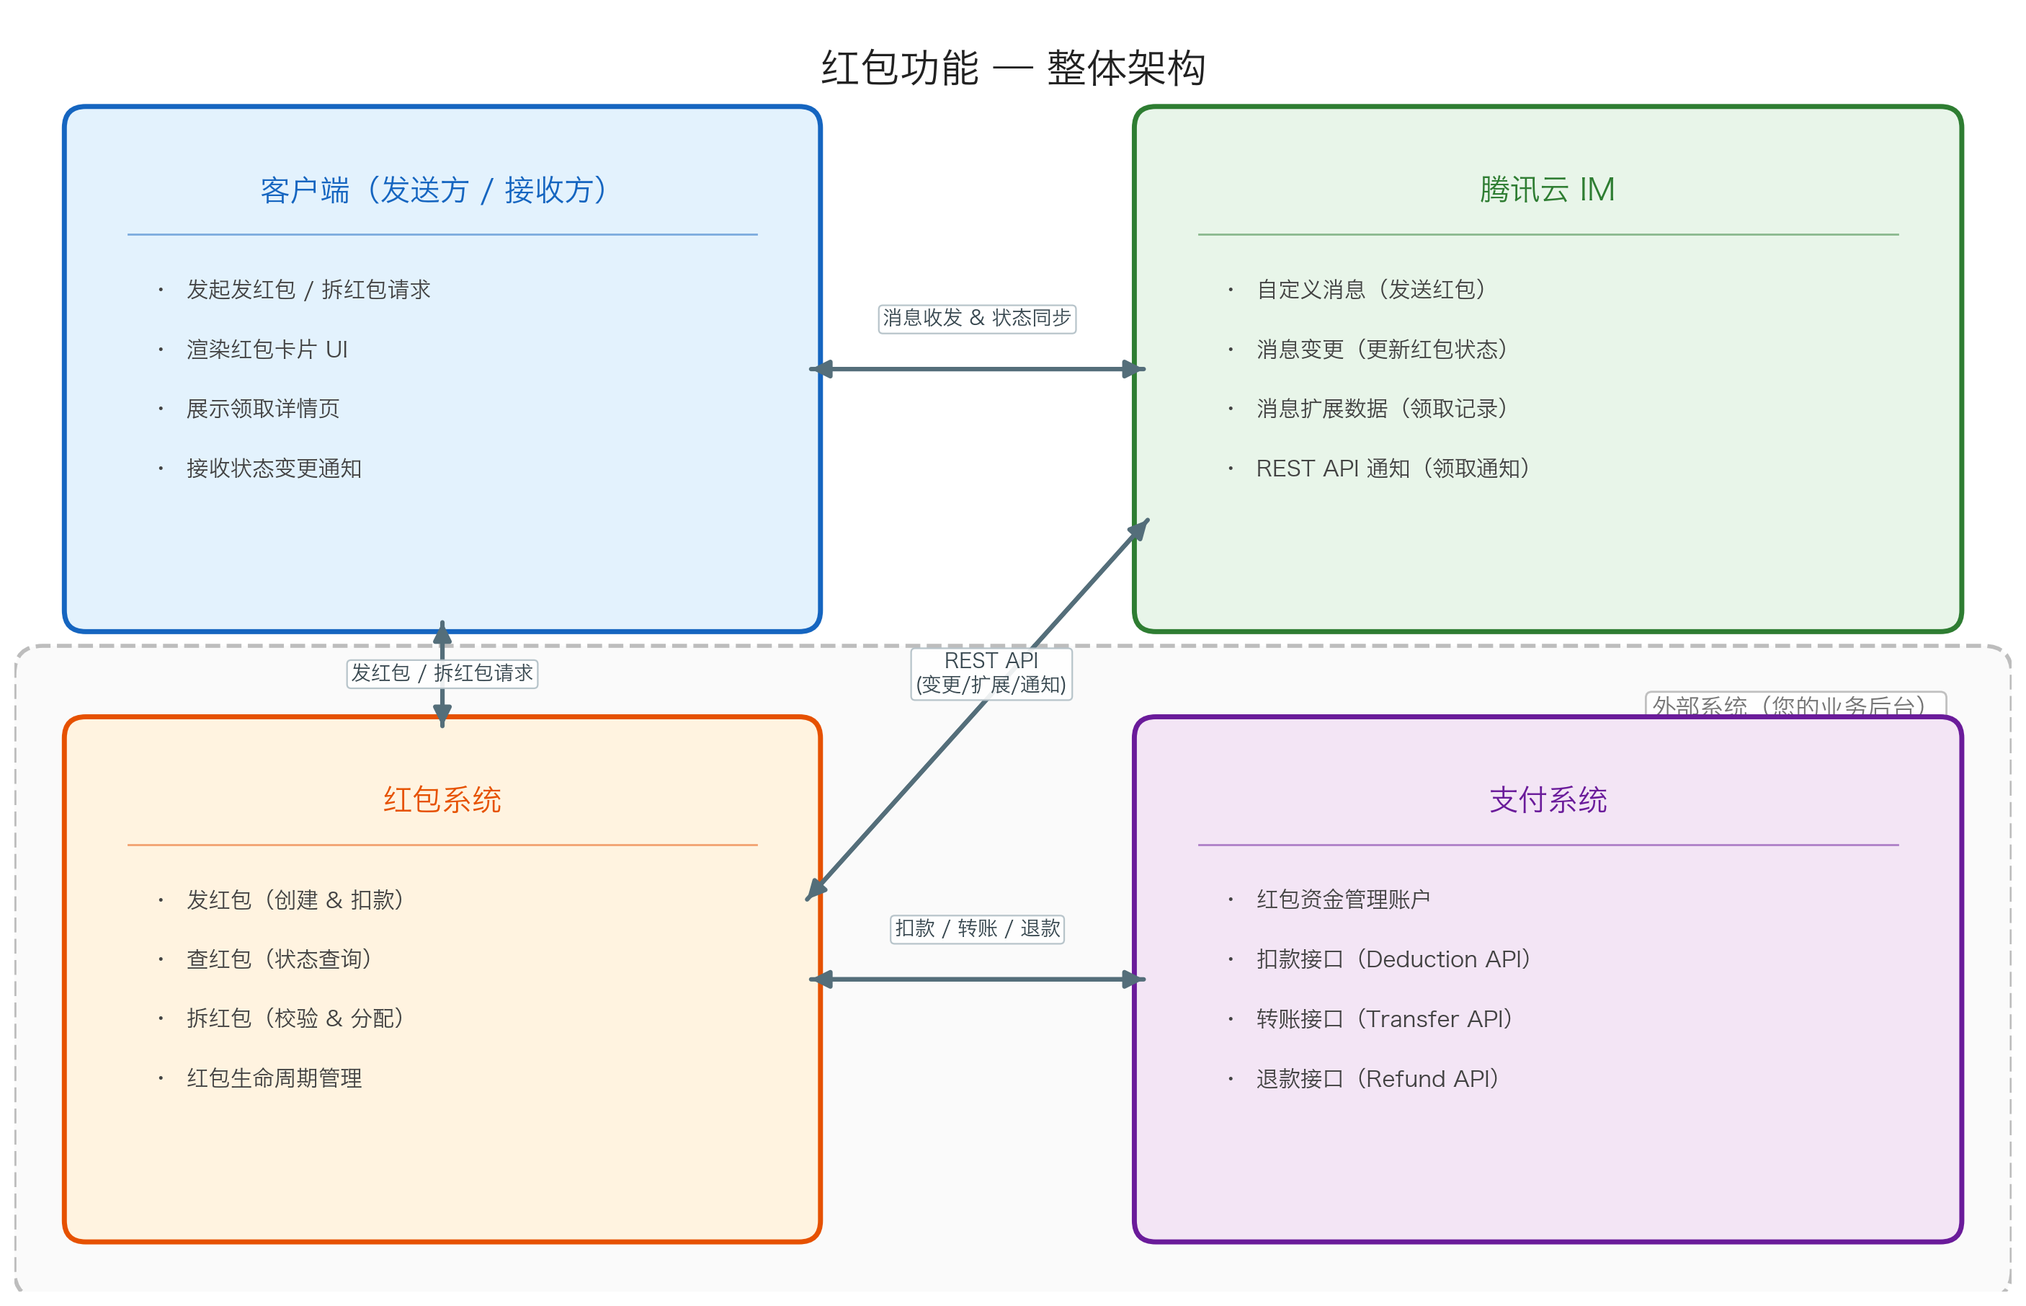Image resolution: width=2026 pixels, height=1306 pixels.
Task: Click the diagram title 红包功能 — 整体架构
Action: (1012, 68)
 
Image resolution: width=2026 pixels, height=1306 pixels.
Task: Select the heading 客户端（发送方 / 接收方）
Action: (434, 190)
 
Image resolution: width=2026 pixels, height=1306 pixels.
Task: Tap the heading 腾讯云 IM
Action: (1547, 190)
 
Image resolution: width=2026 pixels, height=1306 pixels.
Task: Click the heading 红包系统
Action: (442, 800)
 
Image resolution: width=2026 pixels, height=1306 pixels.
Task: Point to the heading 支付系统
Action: (1547, 800)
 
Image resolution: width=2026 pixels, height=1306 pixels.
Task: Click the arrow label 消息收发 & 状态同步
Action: (976, 319)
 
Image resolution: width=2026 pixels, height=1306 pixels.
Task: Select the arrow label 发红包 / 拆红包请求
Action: (442, 673)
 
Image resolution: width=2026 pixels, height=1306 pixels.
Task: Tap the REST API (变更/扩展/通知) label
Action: (991, 673)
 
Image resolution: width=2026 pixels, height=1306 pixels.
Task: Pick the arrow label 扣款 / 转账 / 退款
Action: (976, 928)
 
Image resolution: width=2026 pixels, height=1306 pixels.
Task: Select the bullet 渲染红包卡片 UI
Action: (267, 350)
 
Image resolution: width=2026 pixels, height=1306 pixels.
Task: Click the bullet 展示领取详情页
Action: (263, 409)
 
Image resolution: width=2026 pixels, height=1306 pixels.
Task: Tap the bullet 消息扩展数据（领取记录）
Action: (1383, 409)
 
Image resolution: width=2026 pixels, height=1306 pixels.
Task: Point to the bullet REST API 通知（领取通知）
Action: (1393, 468)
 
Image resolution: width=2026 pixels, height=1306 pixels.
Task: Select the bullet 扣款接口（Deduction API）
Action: (1393, 959)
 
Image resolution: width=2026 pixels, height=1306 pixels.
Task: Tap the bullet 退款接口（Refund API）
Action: (1378, 1079)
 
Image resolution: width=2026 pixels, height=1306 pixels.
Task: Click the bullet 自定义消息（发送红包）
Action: (1372, 290)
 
